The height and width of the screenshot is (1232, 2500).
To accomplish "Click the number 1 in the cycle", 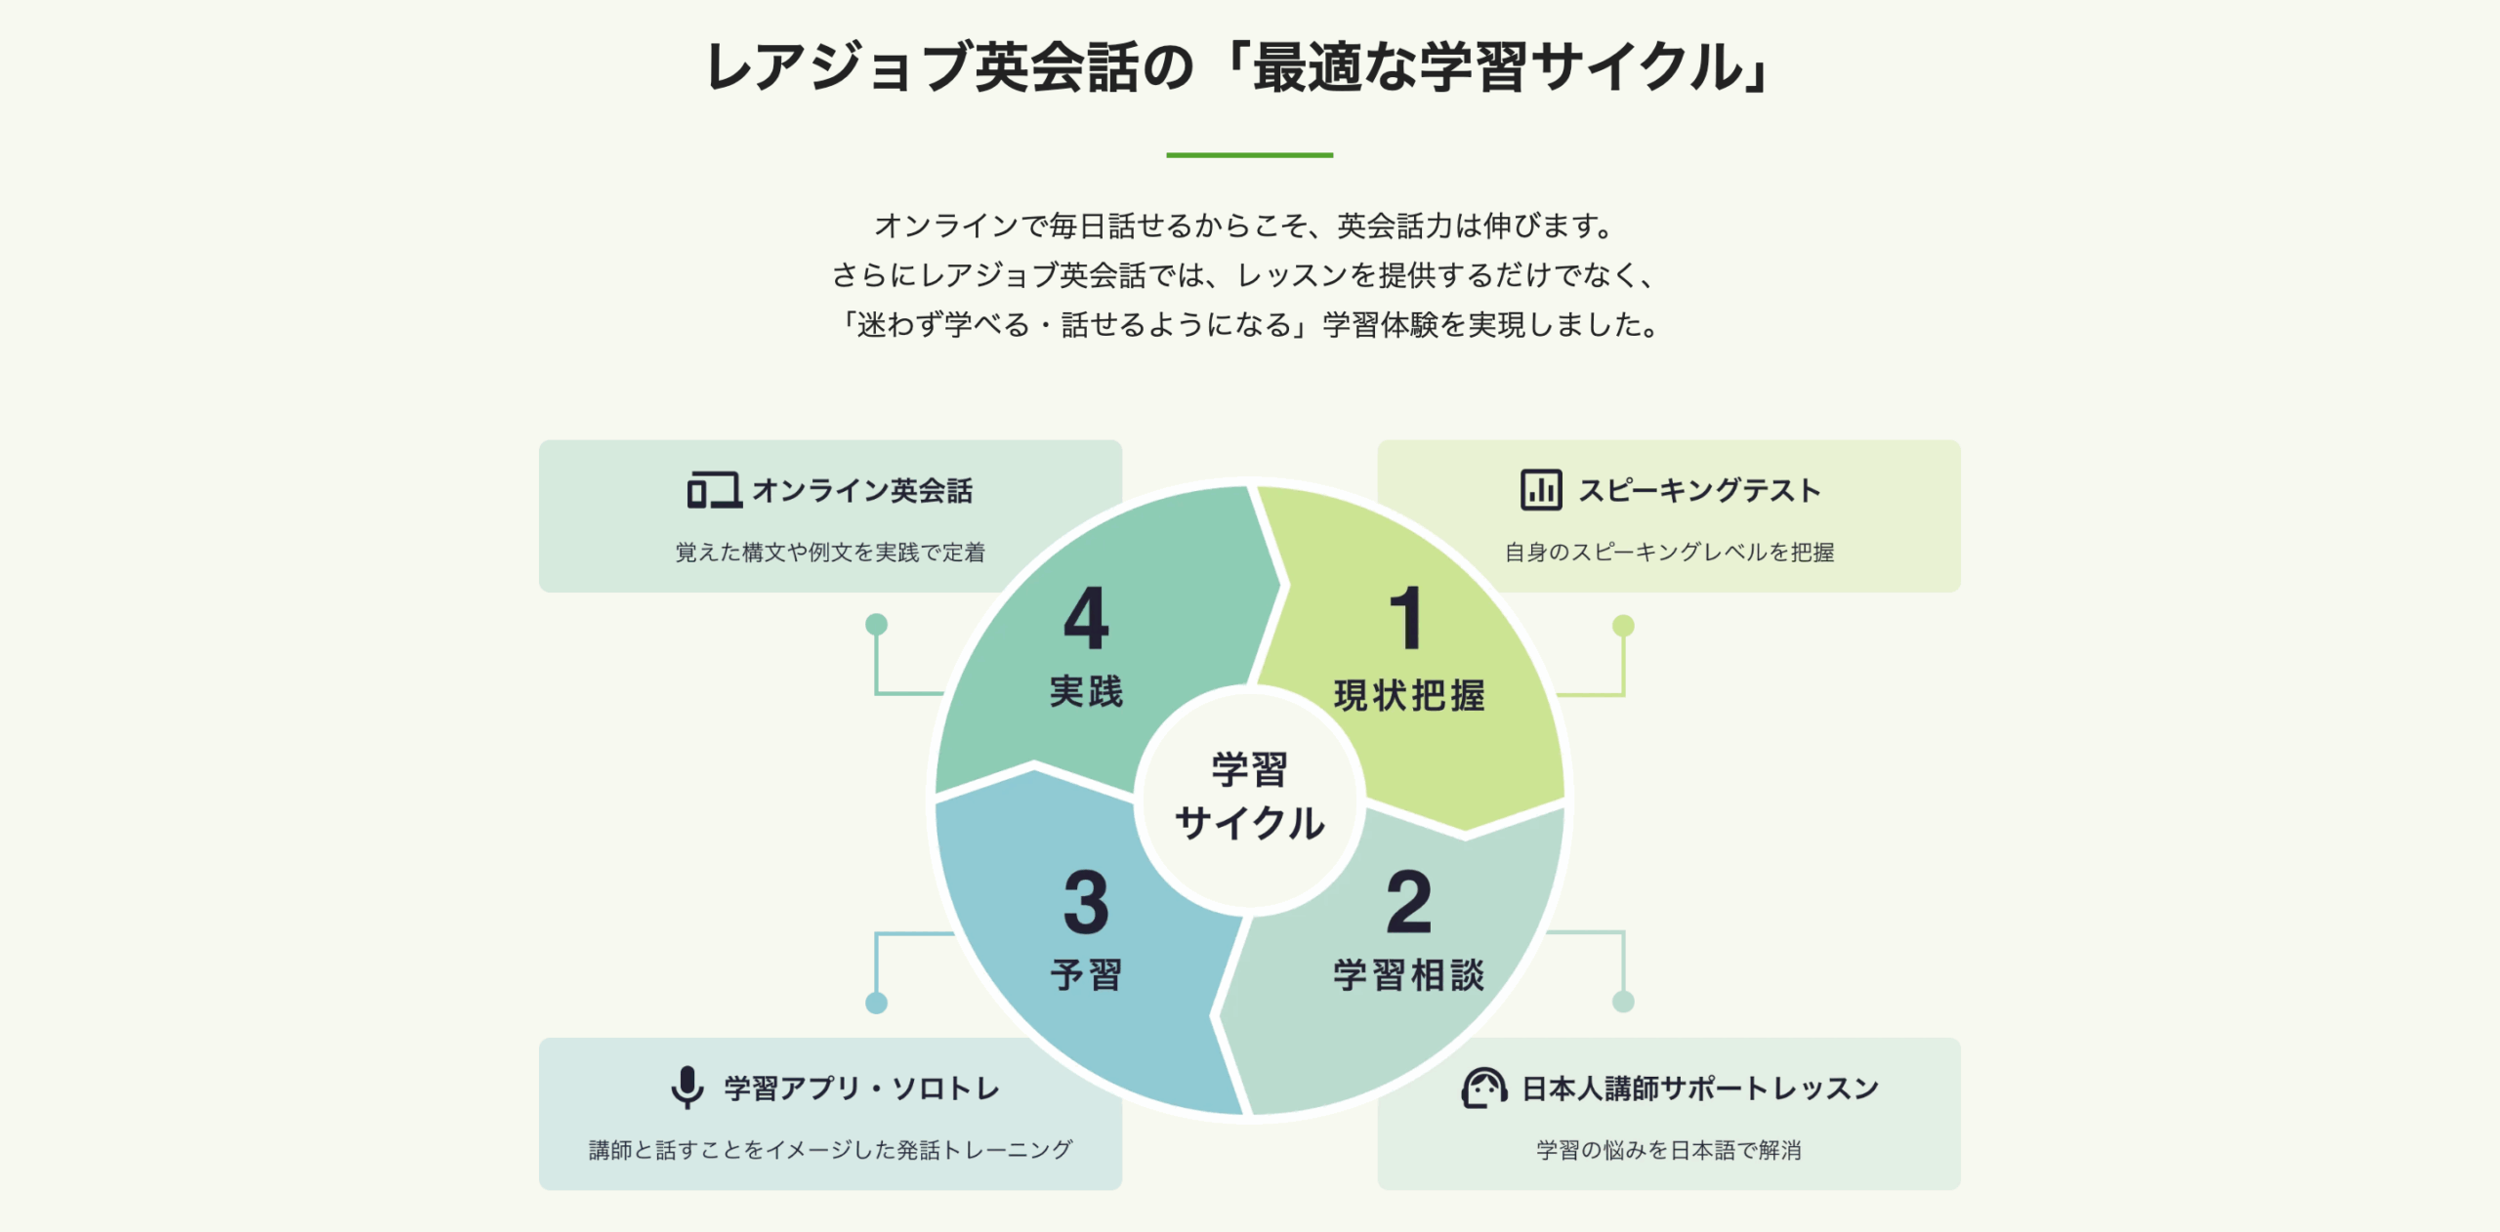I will (x=1406, y=618).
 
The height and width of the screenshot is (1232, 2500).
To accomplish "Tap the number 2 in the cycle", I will (x=1408, y=903).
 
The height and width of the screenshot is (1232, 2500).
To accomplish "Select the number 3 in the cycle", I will (x=1086, y=903).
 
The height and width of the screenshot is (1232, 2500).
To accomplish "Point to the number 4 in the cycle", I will (x=1086, y=618).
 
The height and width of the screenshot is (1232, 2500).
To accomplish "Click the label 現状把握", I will (x=1409, y=696).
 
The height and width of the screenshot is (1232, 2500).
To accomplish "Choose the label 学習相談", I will (x=1409, y=975).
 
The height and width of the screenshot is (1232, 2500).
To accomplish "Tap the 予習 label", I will (x=1086, y=975).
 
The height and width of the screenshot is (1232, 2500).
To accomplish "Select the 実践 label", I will (x=1086, y=692).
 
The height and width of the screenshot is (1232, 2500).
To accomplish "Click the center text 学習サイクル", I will (x=1249, y=797).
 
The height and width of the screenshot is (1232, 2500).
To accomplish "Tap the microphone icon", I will (x=687, y=1087).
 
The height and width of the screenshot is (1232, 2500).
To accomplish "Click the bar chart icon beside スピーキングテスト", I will (x=1541, y=490).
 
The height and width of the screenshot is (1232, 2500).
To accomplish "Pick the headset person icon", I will (x=1483, y=1088).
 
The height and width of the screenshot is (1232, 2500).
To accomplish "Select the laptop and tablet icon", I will (x=714, y=490).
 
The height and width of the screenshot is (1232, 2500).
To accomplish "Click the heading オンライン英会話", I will (x=862, y=490).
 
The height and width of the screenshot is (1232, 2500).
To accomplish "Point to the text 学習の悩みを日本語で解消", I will (x=1669, y=1150).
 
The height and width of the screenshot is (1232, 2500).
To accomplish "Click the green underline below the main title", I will (x=1249, y=154).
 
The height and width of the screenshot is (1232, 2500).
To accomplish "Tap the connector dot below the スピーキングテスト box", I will (x=1623, y=625).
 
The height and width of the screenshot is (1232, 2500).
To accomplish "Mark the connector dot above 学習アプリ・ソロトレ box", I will (x=876, y=1003).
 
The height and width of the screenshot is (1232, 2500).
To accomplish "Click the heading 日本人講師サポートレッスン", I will (x=1700, y=1088).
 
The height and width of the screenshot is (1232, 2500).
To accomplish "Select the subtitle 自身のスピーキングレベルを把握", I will (x=1669, y=553).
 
